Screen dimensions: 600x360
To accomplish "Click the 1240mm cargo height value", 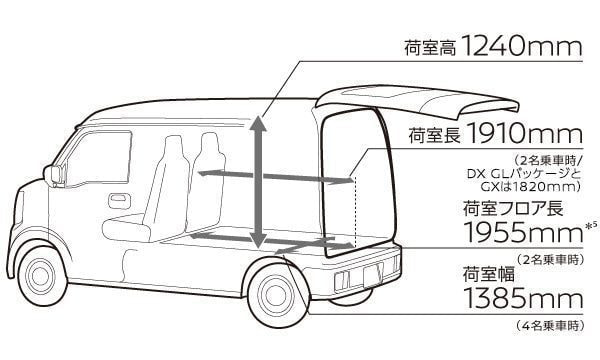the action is tap(522, 47).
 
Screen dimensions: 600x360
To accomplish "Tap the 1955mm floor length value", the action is tap(523, 231).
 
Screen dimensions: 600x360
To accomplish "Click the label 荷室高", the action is tap(430, 49).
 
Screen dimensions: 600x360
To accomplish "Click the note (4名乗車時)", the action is tap(550, 326).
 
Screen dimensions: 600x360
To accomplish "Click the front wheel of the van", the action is tap(39, 275).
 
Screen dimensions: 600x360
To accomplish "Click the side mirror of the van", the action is tap(52, 175).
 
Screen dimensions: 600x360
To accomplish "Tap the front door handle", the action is tap(120, 201).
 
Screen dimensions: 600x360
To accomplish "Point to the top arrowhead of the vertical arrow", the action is tap(259, 123).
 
